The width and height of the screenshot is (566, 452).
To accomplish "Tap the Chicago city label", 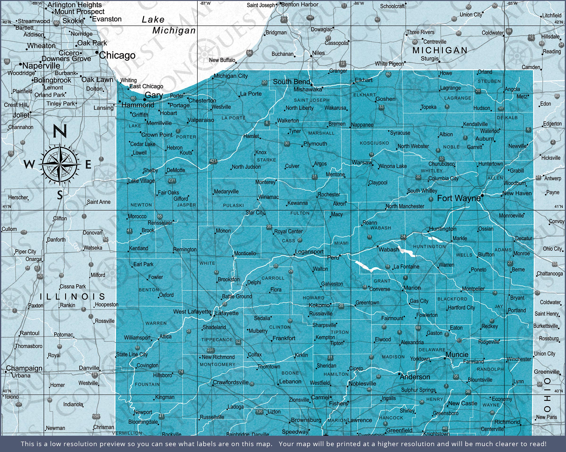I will [x=117, y=55].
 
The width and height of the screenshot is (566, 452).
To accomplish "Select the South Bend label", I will [x=291, y=82].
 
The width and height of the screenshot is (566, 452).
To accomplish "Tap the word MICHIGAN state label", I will [x=440, y=50].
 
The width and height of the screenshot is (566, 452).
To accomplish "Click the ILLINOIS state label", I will [x=72, y=297].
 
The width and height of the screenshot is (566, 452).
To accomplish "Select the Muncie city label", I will [x=457, y=355].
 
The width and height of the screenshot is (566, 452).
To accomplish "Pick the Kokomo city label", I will [x=319, y=305].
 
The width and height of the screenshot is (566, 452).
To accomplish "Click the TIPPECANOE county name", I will [x=217, y=339].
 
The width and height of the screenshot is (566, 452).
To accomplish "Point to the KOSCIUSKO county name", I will [x=374, y=143].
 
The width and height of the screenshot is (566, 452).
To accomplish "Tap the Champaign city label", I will [x=24, y=368].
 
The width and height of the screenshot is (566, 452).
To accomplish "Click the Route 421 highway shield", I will [x=213, y=161].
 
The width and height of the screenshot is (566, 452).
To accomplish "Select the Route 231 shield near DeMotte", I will [x=172, y=180].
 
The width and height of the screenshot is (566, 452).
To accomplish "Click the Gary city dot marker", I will [x=145, y=100].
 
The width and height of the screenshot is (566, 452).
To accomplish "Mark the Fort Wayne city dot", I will [x=482, y=195].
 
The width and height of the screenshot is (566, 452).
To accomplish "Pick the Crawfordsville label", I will [x=230, y=382].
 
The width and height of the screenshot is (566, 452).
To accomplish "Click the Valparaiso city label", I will [x=201, y=120].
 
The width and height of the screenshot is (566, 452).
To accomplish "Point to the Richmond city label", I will [x=507, y=422].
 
